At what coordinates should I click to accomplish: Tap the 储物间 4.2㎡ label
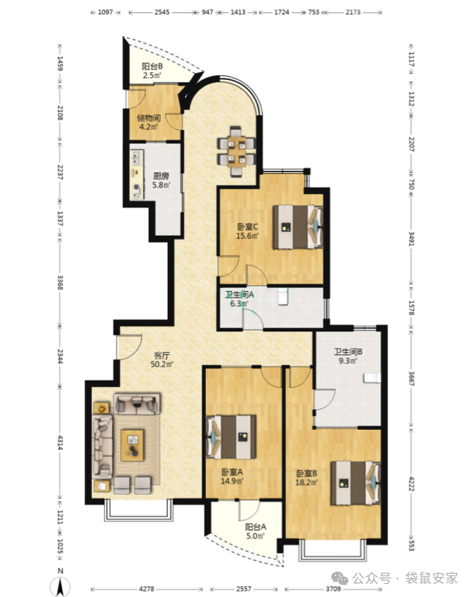[x=149, y=122]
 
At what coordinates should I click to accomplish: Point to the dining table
[x=236, y=151]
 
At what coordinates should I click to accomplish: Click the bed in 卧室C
[x=297, y=227]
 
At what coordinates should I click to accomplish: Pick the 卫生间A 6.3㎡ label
[x=240, y=299]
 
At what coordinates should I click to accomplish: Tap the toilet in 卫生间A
[x=283, y=296]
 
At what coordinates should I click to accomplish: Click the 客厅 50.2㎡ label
[x=162, y=360]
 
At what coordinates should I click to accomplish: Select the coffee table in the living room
[x=132, y=445]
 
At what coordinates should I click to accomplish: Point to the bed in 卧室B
[x=356, y=483]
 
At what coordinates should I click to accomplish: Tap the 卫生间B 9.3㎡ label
[x=348, y=356]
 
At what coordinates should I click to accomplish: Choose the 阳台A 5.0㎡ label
[x=256, y=531]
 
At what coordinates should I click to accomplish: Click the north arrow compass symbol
[x=60, y=582]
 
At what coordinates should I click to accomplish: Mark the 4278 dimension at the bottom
[x=147, y=589]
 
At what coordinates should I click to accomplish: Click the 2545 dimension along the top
[x=162, y=12]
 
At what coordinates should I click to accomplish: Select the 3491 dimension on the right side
[x=411, y=239]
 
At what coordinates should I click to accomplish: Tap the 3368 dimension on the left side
[x=60, y=282]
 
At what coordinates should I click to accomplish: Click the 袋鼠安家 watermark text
[x=431, y=578]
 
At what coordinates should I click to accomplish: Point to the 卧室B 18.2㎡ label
[x=307, y=478]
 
